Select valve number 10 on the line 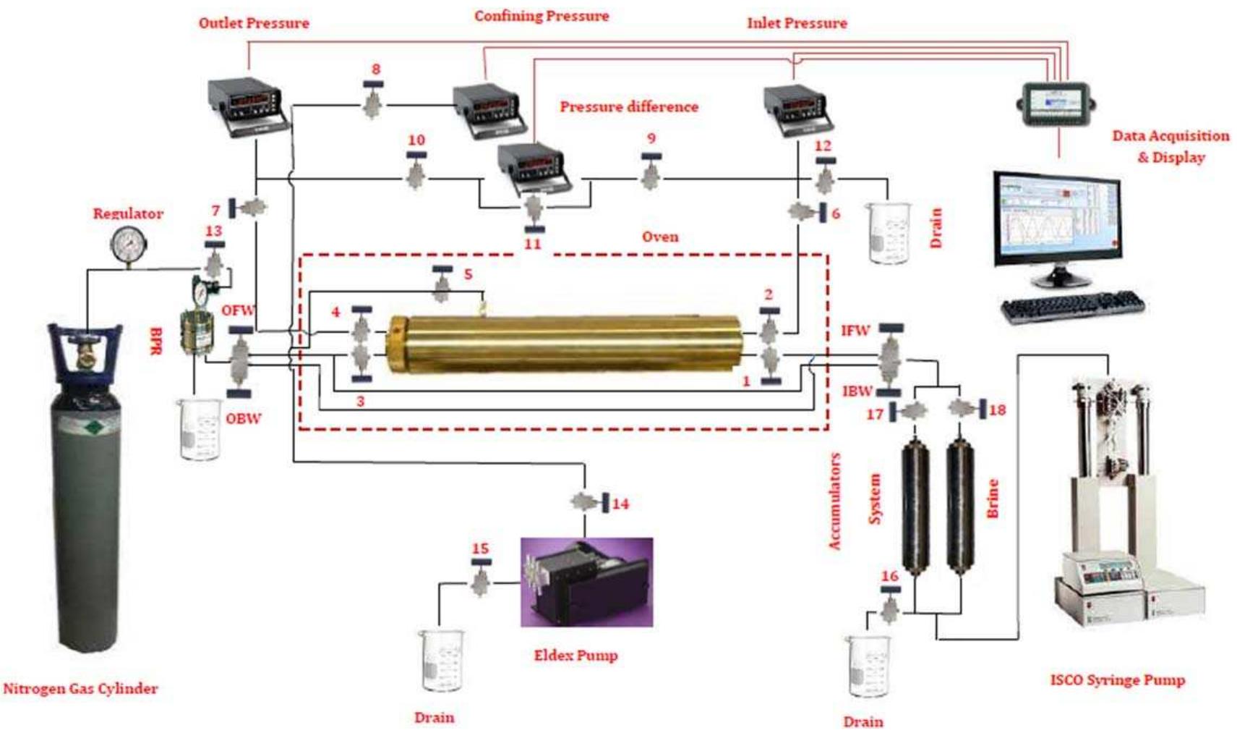(x=416, y=174)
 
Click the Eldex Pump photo (x=586, y=582)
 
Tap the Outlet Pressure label (x=254, y=23)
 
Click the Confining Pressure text (x=542, y=16)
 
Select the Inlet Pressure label (x=797, y=23)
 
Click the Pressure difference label (x=629, y=107)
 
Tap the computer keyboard (x=1073, y=306)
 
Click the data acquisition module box (x=1056, y=104)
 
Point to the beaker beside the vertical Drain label (x=889, y=232)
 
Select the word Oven (x=660, y=237)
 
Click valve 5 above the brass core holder (x=442, y=289)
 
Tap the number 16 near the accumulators (x=889, y=576)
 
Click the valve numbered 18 (x=962, y=409)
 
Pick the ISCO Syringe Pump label (x=1117, y=679)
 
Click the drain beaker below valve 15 (x=441, y=660)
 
